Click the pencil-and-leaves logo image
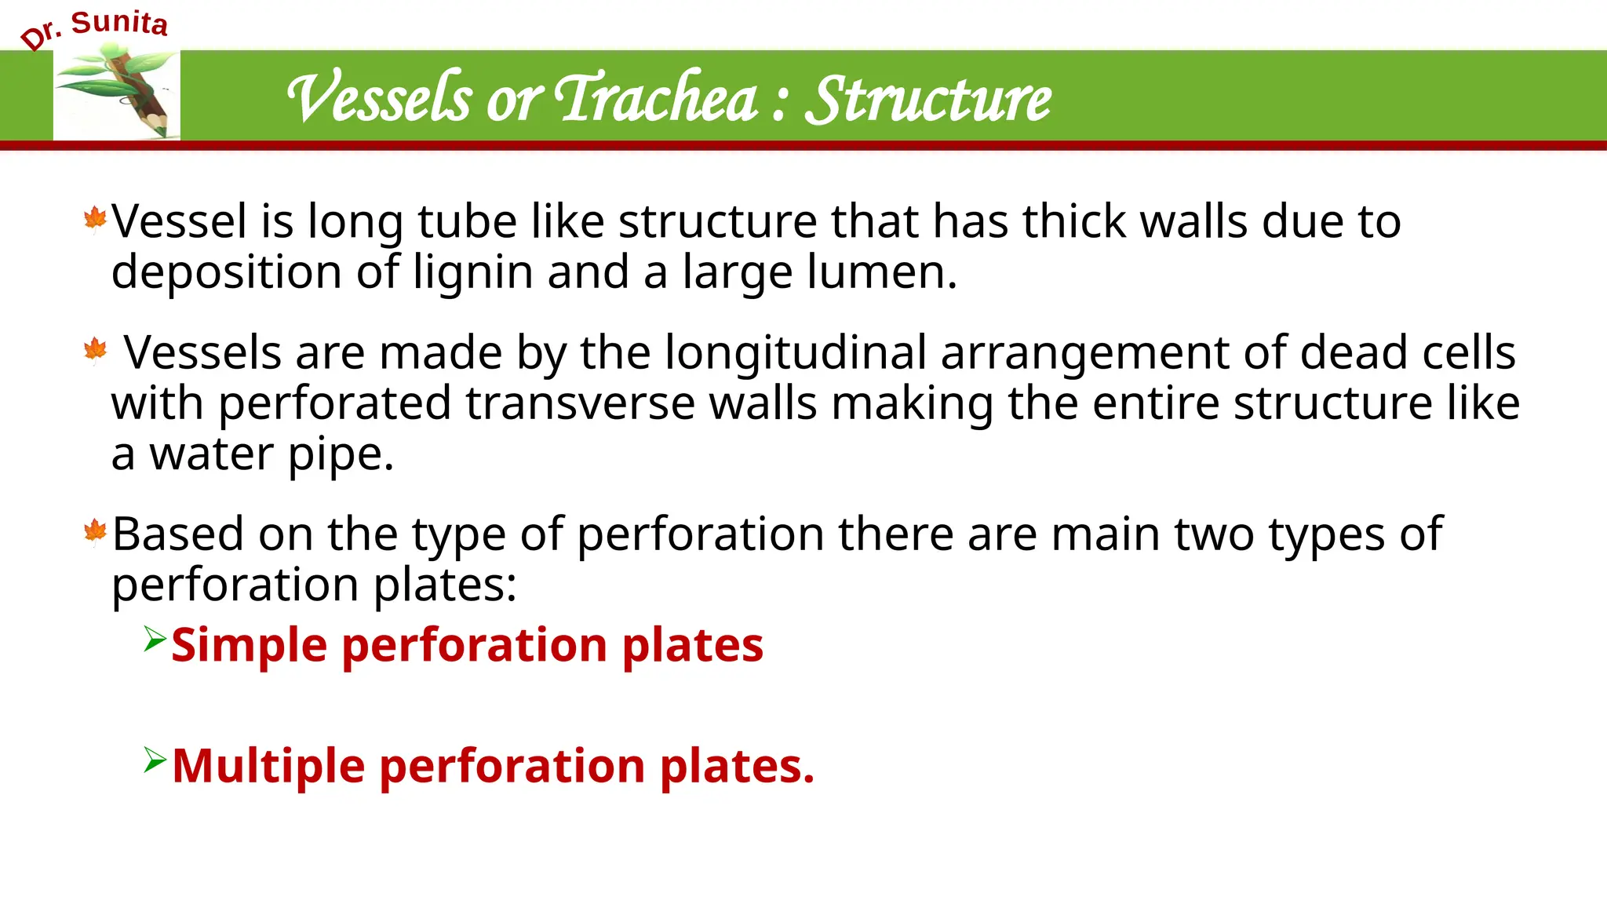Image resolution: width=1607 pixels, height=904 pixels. coord(117,93)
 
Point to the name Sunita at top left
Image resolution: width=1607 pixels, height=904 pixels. coord(119,23)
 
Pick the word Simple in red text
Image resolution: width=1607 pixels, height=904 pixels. coord(249,645)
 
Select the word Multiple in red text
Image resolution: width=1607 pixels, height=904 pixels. coord(268,766)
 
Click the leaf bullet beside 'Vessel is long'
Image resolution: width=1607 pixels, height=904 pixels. coord(95,220)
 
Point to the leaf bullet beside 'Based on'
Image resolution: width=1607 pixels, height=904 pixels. coord(95,532)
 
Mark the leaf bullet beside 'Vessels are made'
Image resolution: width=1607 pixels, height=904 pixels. coord(95,350)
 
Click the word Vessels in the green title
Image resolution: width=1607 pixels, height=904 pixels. coord(380,99)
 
